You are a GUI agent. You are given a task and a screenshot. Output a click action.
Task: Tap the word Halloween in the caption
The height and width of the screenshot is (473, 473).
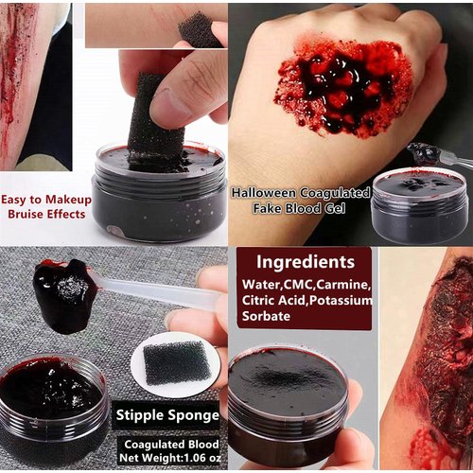(x=270, y=192)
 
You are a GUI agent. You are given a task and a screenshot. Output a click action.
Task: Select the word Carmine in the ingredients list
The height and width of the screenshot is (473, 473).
(x=343, y=284)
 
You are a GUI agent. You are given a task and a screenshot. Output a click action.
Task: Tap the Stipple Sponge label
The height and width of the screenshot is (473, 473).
(x=168, y=413)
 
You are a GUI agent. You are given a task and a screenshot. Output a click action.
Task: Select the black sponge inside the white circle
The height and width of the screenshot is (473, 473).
(x=176, y=362)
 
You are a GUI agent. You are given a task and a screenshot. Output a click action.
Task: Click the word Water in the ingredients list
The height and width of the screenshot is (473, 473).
(x=261, y=284)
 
